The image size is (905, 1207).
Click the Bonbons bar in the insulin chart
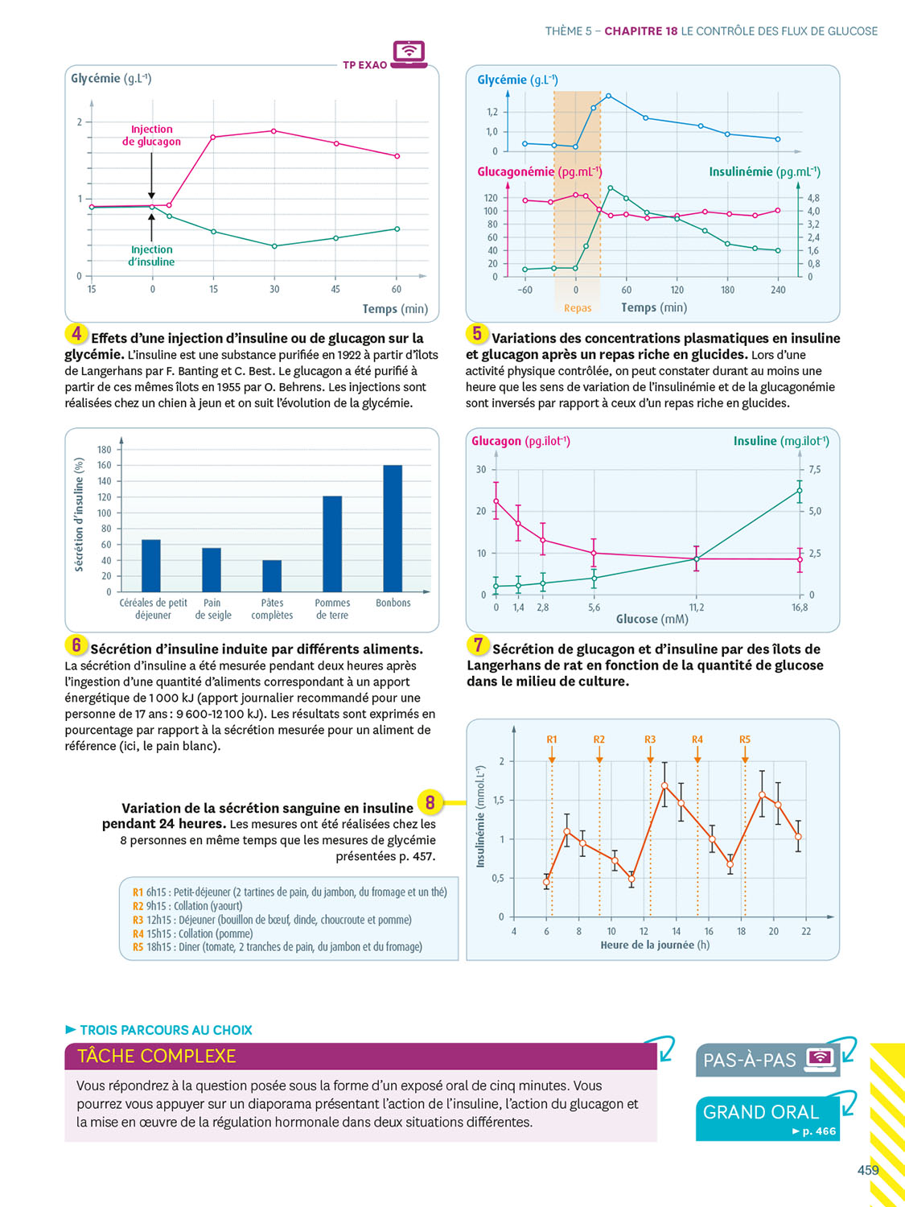pos(393,529)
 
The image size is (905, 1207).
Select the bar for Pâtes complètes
pos(272,576)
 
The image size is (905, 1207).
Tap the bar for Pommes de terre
pos(332,544)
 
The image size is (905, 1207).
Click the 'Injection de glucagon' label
pos(151,135)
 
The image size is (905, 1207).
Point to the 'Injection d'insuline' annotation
pos(151,256)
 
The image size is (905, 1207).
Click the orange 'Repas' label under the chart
pos(578,308)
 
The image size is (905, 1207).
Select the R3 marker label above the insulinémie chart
pos(650,739)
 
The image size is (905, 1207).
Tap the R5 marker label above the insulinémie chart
pos(745,739)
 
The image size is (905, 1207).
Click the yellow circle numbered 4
pos(76,334)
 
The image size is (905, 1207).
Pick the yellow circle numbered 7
pos(478,645)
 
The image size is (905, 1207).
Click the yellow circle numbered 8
pos(430,802)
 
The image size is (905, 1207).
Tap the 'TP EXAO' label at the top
pos(365,65)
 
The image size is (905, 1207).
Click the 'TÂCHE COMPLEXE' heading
pos(157,1057)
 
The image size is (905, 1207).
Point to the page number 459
pos(868,1170)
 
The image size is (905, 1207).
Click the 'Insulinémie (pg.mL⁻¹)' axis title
pos(764,172)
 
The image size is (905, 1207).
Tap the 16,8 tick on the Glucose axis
pos(800,608)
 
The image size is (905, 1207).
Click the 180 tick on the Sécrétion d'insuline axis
pos(105,450)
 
